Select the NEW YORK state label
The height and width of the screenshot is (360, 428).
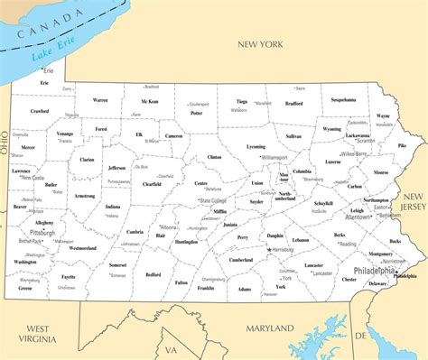click(x=261, y=43)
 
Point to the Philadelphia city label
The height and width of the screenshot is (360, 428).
click(x=374, y=270)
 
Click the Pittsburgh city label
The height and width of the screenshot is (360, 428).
click(x=42, y=232)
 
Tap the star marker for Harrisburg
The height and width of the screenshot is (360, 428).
click(x=268, y=248)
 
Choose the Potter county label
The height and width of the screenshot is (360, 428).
click(x=197, y=113)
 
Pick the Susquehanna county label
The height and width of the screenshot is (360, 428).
click(x=344, y=99)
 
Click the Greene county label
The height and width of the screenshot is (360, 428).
click(x=25, y=288)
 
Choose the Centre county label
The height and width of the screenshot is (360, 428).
click(x=200, y=183)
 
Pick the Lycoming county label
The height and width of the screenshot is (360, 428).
click(x=256, y=146)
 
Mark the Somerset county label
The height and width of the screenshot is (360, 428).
click(x=117, y=265)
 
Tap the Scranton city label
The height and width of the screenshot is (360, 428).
click(x=365, y=141)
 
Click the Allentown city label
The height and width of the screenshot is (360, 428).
click(x=358, y=217)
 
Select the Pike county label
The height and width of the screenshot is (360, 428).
click(x=402, y=145)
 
